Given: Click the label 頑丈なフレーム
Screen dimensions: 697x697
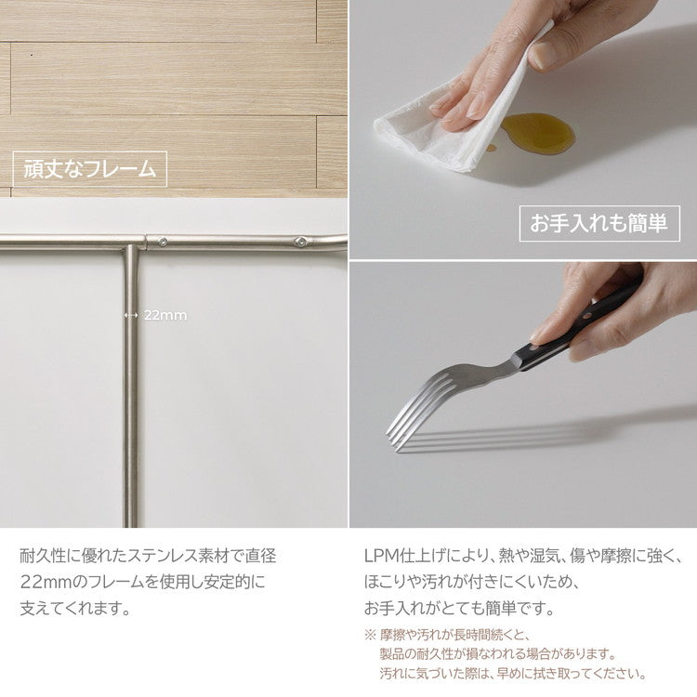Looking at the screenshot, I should tap(89, 170).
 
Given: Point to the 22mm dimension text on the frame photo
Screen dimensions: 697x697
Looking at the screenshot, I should tap(165, 315).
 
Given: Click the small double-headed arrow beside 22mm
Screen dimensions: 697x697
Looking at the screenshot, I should tap(130, 315).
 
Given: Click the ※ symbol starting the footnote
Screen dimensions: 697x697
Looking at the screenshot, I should tap(369, 636).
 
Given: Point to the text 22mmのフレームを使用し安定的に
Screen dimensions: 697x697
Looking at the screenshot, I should tap(142, 583).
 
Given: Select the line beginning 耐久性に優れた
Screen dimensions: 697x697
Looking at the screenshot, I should tap(148, 556).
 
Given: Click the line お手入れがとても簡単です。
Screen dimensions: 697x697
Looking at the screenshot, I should tap(459, 610).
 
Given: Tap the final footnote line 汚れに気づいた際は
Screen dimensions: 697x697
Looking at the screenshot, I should tap(512, 673).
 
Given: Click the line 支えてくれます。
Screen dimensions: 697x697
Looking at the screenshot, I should tap(75, 610).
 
